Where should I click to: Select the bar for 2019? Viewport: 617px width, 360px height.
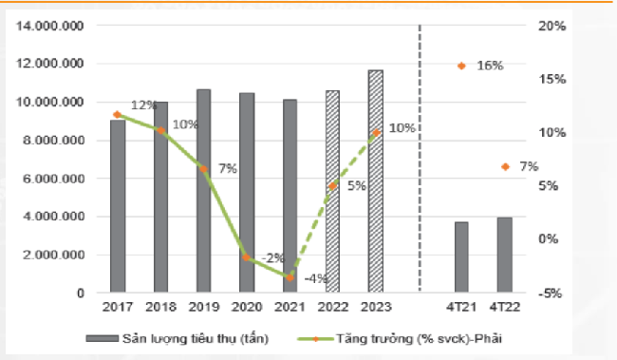tap(203, 191)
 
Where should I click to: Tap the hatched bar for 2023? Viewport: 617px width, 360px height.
tap(376, 181)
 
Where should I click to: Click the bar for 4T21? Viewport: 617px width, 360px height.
tap(461, 257)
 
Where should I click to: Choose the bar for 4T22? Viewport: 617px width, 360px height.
tap(505, 256)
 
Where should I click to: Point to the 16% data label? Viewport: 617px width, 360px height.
tap(490, 66)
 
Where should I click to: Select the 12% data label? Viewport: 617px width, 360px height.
tap(143, 105)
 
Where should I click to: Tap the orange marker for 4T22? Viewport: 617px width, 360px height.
tap(505, 167)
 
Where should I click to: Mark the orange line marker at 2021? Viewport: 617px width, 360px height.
tap(290, 276)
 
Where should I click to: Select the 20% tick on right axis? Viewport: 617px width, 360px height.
tap(551, 26)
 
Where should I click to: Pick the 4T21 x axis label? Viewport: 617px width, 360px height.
tap(461, 308)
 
